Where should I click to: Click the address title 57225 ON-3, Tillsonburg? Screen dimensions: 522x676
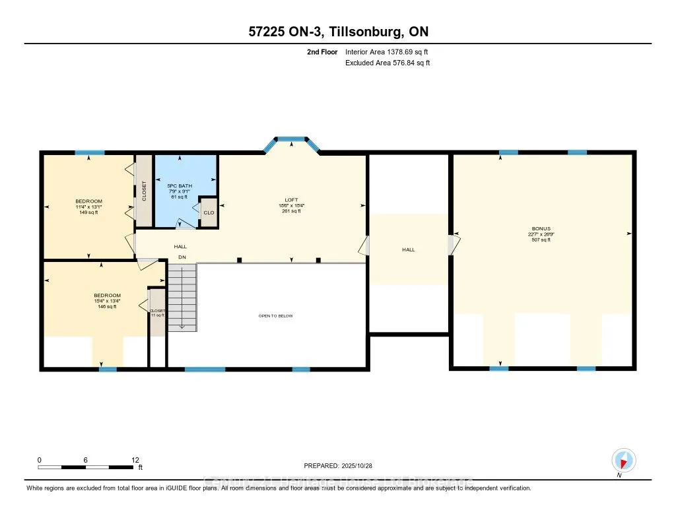point(337,32)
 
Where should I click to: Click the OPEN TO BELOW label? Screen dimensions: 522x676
point(275,316)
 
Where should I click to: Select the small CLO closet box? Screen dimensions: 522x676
point(209,212)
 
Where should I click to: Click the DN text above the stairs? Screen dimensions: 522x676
point(182,257)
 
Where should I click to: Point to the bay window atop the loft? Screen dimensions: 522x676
point(291,140)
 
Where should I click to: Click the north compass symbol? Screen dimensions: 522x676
point(623,460)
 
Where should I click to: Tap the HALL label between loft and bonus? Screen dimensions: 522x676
point(409,249)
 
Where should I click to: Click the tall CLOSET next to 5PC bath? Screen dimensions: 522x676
point(144,191)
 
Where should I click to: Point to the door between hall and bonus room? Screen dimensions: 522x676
point(452,245)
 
